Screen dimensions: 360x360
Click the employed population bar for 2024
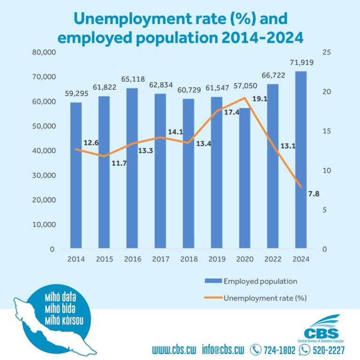301,160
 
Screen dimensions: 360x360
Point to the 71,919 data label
301,62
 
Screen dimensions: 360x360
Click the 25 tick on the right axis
327,52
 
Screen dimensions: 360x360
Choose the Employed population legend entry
260,281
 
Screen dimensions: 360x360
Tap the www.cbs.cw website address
175,350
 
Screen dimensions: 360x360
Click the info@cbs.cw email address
223,350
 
